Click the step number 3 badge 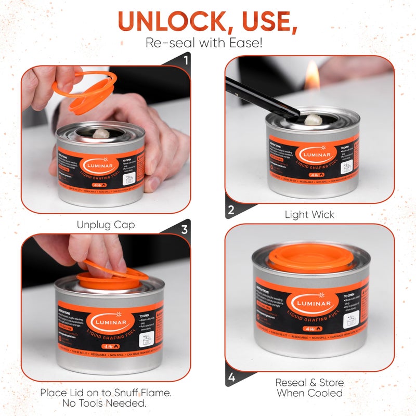pos(185,229)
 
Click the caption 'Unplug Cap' pos(106,225)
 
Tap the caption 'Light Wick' pos(309,214)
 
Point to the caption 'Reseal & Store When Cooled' pos(309,388)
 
